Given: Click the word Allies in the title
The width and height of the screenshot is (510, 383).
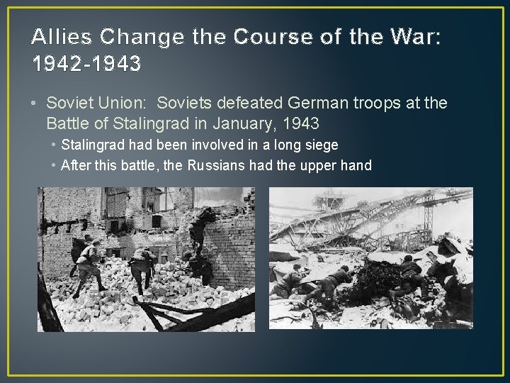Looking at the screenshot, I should (59, 37).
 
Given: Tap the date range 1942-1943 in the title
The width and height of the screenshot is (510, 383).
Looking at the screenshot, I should (86, 64).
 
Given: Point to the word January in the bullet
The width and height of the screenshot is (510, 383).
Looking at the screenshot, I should (239, 123).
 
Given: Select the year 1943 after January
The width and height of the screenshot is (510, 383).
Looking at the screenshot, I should (301, 123).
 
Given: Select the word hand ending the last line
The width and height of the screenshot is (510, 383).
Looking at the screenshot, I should (357, 166).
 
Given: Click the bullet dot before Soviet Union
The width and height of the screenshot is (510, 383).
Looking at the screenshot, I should (35, 104).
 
